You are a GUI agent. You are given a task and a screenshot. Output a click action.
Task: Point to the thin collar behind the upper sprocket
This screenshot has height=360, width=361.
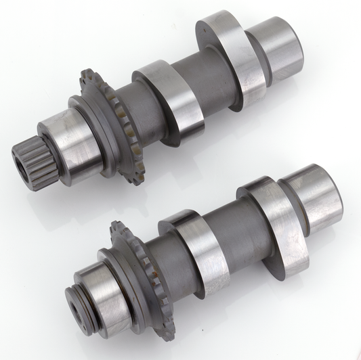[87, 125]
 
